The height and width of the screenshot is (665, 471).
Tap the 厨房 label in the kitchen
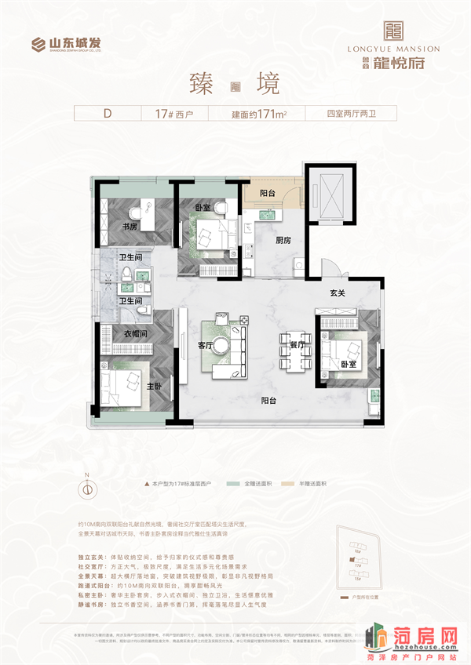[x=284, y=240]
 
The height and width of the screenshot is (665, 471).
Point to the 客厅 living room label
[x=206, y=344]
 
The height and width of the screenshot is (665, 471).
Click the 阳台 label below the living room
[x=272, y=399]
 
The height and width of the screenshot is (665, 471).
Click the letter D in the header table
[x=107, y=113]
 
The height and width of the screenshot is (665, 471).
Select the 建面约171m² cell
[x=259, y=113]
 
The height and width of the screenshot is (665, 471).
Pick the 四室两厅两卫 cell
[x=351, y=113]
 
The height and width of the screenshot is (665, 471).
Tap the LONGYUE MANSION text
[x=393, y=49]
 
